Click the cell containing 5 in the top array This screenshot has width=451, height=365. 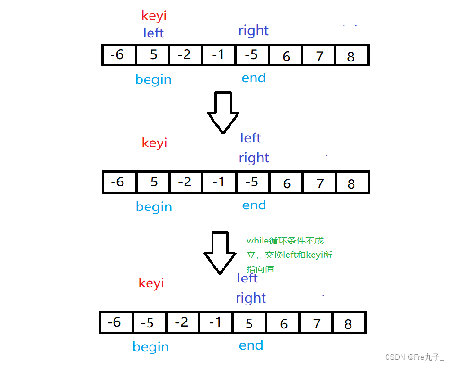point(153,55)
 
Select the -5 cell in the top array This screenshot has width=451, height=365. point(252,55)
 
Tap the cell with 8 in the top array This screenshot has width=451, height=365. point(351,55)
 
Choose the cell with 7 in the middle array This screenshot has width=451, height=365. point(319,182)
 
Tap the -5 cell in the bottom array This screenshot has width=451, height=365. point(149,323)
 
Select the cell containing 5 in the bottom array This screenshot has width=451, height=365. point(249,323)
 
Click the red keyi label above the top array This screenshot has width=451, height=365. point(154,16)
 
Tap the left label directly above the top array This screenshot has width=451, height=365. point(153,33)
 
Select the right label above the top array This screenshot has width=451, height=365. point(253,31)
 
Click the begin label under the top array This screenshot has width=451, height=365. point(153,79)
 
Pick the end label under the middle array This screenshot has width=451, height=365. point(254,206)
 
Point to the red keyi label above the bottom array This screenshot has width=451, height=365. point(151,283)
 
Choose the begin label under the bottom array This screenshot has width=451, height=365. point(150,347)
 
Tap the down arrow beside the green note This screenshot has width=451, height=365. point(220,253)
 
